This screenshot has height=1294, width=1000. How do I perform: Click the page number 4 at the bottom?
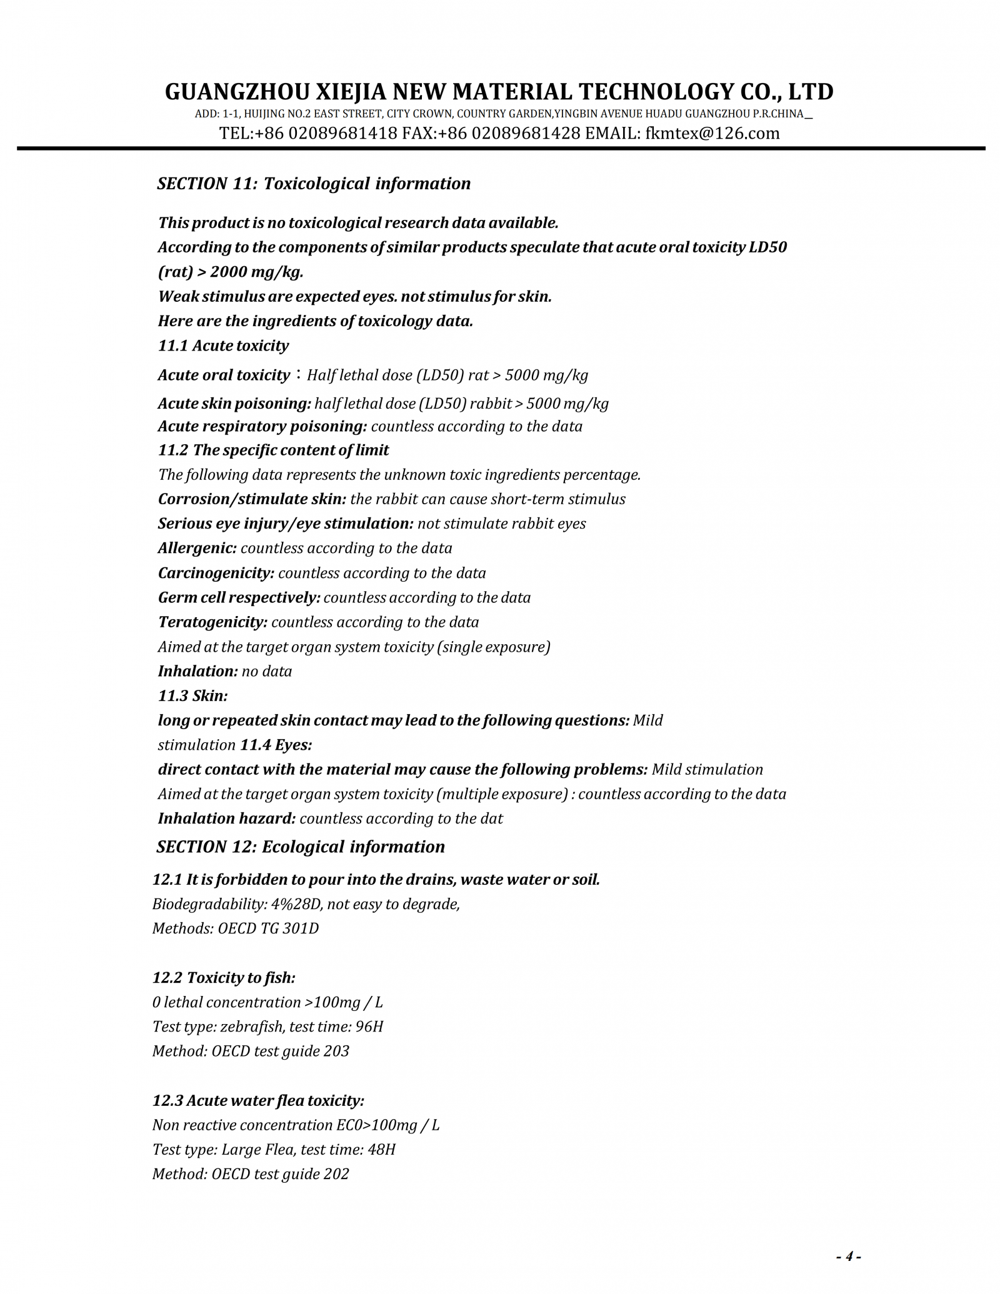[848, 1256]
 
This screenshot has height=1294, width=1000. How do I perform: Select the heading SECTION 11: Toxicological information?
[314, 184]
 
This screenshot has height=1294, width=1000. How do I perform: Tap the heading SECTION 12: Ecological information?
[301, 847]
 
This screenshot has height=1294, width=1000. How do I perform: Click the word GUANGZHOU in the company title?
[237, 92]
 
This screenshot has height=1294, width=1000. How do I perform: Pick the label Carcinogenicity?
[216, 573]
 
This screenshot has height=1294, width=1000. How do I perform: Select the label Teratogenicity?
[212, 622]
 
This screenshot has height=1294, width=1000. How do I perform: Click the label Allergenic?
[197, 548]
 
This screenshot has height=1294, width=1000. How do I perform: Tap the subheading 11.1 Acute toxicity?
[223, 346]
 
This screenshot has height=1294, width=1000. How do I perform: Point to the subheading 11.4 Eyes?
[276, 745]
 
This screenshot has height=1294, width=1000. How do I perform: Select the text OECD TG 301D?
[268, 928]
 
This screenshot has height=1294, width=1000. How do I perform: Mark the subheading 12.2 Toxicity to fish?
[224, 977]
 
